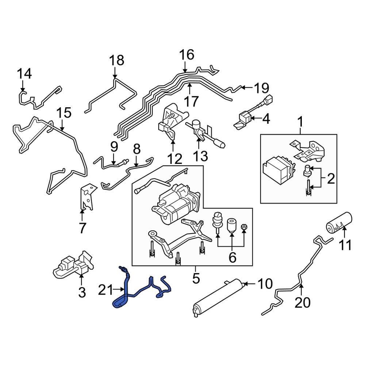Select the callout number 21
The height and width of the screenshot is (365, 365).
tap(106, 291)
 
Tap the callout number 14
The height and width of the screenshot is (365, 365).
tap(25, 74)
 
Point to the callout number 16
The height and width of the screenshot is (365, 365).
tap(187, 55)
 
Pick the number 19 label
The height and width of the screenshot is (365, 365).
tap(261, 88)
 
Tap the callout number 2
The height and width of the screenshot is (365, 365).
tap(331, 178)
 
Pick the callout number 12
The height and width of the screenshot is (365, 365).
tap(174, 159)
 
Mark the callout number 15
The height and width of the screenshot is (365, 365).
tap(64, 113)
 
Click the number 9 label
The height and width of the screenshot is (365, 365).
tap(114, 147)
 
